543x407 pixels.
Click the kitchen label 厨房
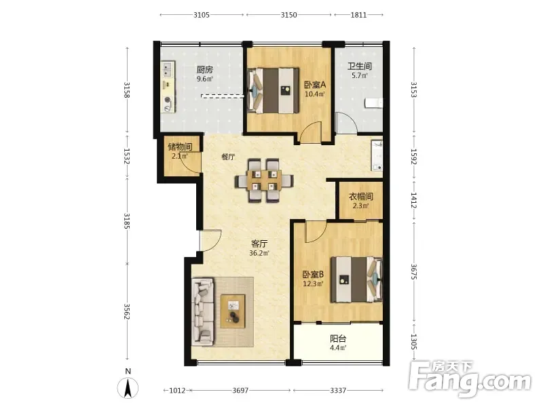click(205, 70)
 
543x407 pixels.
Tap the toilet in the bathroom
click(373, 103)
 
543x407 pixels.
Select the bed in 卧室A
click(274, 91)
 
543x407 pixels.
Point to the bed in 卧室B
click(356, 279)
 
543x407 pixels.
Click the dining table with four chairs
click(264, 180)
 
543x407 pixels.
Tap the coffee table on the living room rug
click(233, 311)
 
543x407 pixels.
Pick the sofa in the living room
click(203, 311)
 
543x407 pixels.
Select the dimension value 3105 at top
click(202, 15)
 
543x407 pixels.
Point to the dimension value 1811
click(358, 15)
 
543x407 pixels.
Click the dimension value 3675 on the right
click(414, 272)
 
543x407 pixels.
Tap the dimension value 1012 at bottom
click(177, 391)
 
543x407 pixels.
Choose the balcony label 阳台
click(338, 338)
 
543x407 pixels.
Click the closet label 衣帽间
click(361, 197)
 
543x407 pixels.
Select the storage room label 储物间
click(180, 147)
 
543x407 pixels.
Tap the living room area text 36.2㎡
click(259, 253)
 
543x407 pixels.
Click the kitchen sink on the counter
click(168, 69)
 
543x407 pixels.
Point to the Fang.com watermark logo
click(470, 380)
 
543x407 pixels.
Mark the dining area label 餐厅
click(228, 157)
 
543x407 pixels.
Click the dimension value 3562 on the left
click(127, 312)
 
